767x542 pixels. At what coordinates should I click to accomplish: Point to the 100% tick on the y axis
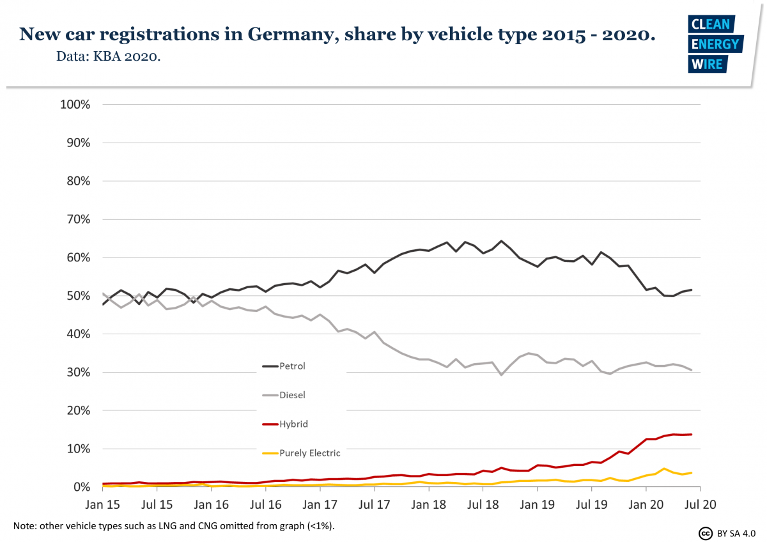[x=75, y=104]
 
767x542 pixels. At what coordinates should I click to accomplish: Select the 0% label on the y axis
[x=81, y=487]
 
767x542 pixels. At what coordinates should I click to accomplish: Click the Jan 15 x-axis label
[x=103, y=504]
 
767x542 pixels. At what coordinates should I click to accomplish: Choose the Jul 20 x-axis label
[x=700, y=504]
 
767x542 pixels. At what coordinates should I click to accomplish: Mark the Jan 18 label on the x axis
[x=429, y=504]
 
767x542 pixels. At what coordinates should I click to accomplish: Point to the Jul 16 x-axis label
[x=266, y=504]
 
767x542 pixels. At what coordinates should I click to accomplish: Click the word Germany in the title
[x=286, y=34]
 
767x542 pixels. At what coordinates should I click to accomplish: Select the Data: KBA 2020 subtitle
[x=108, y=57]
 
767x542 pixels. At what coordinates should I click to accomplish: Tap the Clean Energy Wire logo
[x=715, y=43]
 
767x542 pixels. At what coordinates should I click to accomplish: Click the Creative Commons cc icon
[x=705, y=532]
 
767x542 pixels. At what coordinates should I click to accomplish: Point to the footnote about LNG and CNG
[x=173, y=526]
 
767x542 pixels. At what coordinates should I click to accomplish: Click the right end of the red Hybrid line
[x=692, y=435]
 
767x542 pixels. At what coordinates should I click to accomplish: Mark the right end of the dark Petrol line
[x=692, y=290]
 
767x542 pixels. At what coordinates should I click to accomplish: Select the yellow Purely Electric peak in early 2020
[x=665, y=469]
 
